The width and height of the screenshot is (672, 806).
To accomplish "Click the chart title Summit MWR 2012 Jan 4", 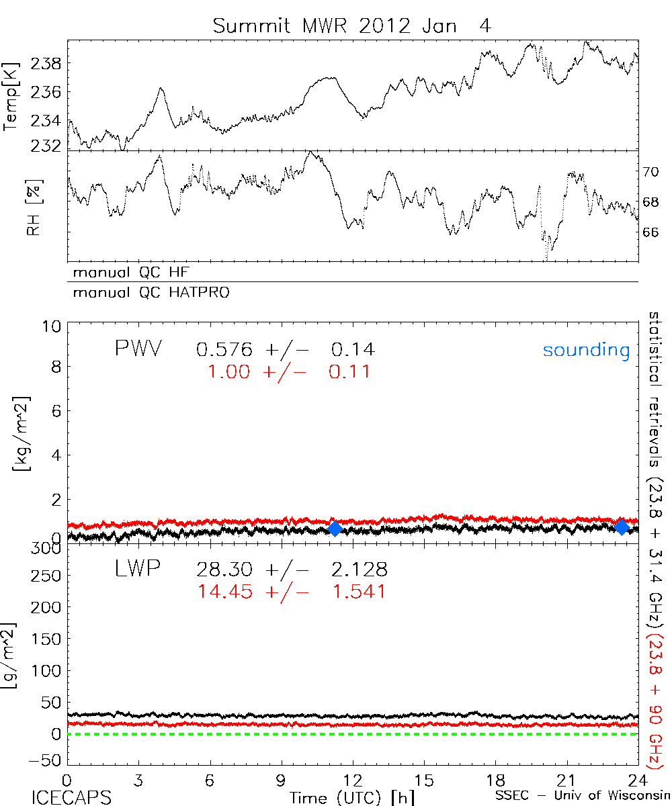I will (352, 26).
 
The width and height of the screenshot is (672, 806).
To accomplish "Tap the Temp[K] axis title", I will (11, 94).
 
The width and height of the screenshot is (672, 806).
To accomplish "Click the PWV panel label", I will (138, 349).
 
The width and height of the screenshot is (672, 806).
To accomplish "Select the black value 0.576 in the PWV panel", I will (224, 349).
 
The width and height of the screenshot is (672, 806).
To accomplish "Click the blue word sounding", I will (587, 350).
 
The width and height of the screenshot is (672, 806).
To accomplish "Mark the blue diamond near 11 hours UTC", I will (335, 529).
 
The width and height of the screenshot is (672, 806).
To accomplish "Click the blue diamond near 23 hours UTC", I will (622, 527).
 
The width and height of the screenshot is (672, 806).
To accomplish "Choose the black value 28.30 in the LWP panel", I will (224, 570).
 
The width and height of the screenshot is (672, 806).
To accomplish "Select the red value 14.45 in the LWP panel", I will (226, 591).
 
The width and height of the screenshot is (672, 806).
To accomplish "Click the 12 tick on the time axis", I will (353, 780).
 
